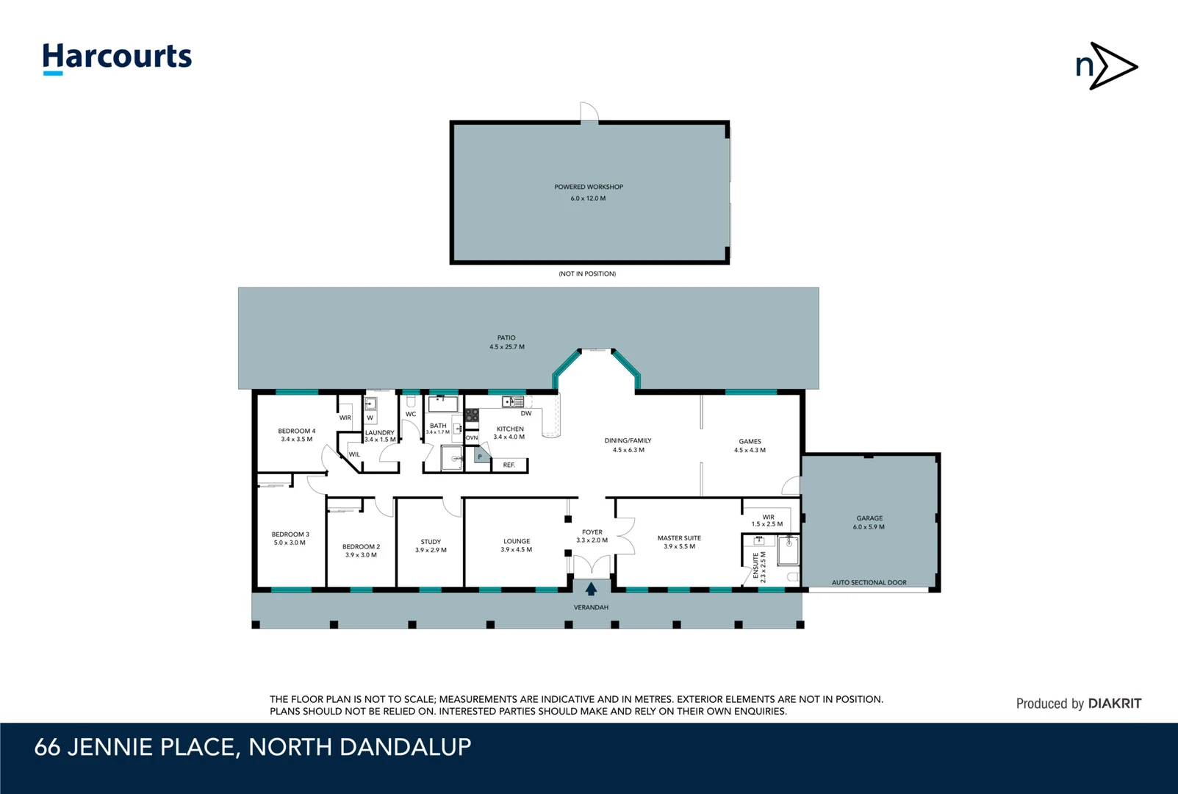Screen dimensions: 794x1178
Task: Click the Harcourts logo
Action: click(117, 57)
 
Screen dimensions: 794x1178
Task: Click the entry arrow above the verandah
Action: click(591, 589)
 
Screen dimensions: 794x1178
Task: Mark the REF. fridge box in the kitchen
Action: click(509, 465)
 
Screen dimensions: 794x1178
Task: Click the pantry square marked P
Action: click(480, 457)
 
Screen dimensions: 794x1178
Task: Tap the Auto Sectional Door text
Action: click(869, 582)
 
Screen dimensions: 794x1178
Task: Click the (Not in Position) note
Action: click(587, 273)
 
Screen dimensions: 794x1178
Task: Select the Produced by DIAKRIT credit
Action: click(1078, 704)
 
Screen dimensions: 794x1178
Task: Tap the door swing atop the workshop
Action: click(589, 112)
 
